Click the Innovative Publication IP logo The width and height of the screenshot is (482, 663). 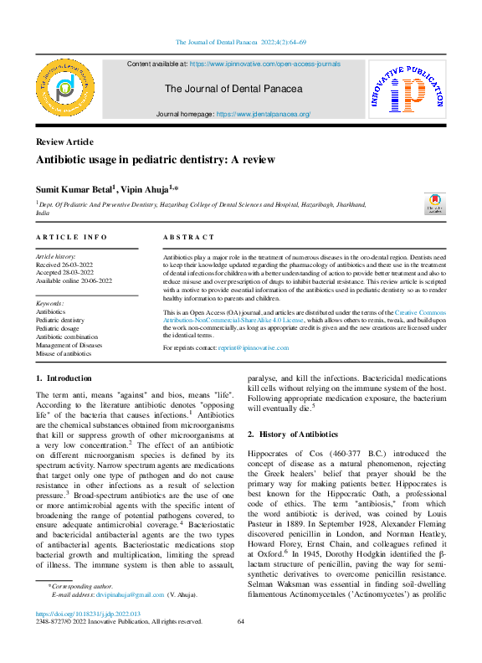click(x=407, y=88)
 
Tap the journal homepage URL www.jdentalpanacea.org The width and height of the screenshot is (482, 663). click(x=264, y=114)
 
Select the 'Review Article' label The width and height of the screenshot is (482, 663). click(x=64, y=141)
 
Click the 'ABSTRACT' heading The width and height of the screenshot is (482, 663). click(x=188, y=238)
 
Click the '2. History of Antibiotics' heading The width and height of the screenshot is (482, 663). click(x=293, y=434)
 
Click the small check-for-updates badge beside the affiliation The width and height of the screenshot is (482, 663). click(x=435, y=204)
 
